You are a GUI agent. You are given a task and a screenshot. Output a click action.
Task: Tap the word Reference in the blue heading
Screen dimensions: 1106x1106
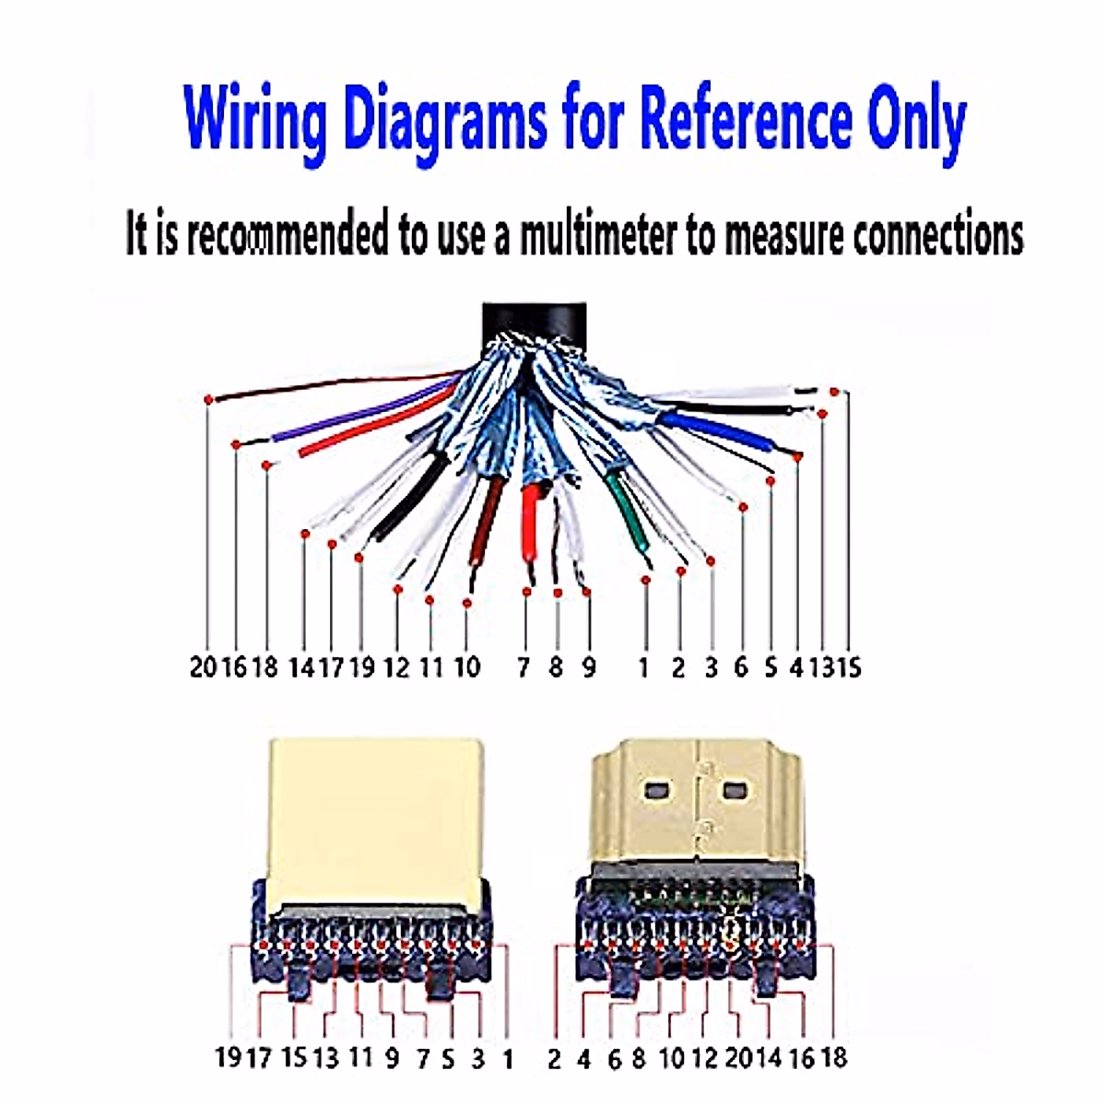click(x=745, y=118)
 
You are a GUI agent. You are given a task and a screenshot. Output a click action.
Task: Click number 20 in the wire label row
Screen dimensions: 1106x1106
click(x=203, y=666)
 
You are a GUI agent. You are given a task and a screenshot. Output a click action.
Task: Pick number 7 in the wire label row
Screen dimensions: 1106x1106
click(x=524, y=666)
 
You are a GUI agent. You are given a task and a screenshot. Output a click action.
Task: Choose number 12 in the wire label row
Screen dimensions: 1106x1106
click(x=396, y=666)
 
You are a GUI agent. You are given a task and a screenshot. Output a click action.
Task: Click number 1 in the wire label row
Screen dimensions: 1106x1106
click(x=643, y=666)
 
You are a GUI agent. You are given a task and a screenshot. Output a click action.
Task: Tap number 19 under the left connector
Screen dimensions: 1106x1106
click(x=228, y=1057)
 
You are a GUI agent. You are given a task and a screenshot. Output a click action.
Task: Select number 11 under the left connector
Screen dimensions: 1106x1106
click(x=360, y=1057)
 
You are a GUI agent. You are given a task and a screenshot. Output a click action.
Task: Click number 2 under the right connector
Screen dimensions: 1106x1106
click(x=553, y=1059)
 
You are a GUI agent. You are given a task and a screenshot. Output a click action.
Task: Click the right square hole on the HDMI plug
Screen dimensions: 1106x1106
click(x=735, y=791)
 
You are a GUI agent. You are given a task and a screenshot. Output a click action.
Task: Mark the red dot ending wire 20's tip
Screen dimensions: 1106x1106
click(x=209, y=398)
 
